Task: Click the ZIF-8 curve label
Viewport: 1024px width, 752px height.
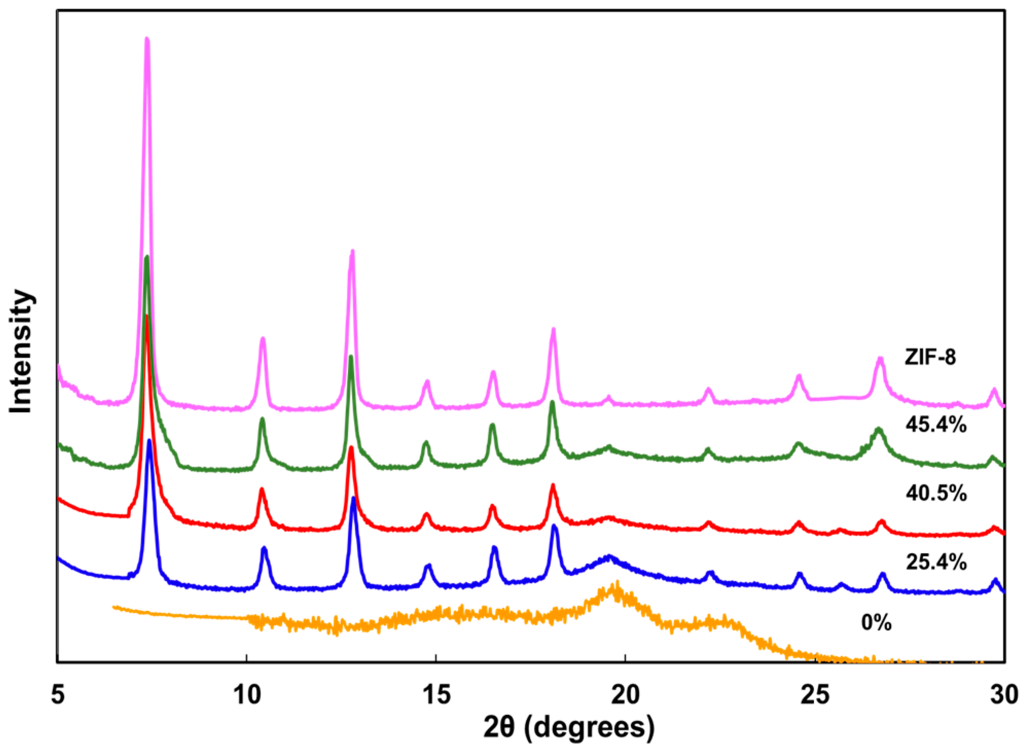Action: click(930, 357)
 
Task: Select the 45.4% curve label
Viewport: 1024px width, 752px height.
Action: click(936, 425)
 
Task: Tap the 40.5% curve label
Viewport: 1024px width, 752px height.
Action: click(936, 493)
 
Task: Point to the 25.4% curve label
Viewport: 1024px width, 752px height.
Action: click(936, 562)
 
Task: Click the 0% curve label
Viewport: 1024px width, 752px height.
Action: click(876, 623)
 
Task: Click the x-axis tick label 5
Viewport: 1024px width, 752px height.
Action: click(58, 694)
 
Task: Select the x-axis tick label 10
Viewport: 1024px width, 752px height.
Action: click(247, 694)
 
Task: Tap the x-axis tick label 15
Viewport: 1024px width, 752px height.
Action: click(436, 694)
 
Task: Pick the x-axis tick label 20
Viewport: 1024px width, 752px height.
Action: click(625, 694)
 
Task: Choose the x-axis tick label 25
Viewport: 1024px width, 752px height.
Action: click(815, 694)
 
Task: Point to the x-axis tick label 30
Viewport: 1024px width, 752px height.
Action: click(1004, 694)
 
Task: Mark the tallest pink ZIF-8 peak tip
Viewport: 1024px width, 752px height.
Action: click(147, 39)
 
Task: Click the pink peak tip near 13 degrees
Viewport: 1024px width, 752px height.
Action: click(352, 251)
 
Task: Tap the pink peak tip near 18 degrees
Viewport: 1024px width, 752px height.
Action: click(553, 329)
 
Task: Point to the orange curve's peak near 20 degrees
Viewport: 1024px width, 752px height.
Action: click(616, 583)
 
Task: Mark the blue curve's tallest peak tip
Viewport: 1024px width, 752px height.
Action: click(150, 440)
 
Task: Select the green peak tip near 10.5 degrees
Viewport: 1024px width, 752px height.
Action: click(262, 419)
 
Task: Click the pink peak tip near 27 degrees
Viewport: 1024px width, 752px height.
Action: click(880, 358)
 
